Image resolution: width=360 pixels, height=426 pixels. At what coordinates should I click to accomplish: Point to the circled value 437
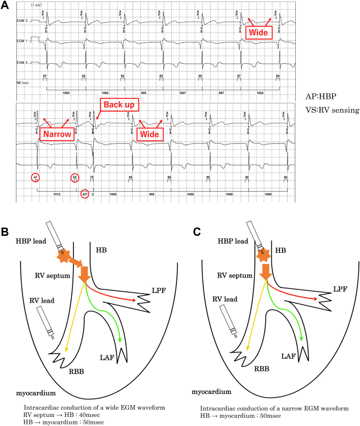coord(85,194)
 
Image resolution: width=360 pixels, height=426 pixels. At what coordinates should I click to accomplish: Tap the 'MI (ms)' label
coord(24,81)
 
